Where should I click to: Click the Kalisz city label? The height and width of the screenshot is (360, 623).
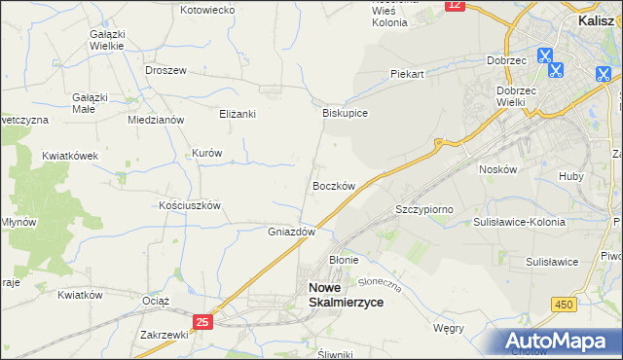click(x=595, y=18)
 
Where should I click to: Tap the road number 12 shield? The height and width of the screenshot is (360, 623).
click(x=455, y=5)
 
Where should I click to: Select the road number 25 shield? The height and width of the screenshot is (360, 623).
click(x=202, y=321)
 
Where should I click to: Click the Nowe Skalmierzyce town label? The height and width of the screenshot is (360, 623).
click(x=346, y=295)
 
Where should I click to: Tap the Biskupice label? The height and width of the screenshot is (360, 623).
click(x=345, y=113)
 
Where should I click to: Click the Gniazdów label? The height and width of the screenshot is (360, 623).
click(x=292, y=233)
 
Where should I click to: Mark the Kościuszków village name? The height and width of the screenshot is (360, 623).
click(x=191, y=206)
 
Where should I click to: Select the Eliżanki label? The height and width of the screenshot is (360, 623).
click(x=237, y=114)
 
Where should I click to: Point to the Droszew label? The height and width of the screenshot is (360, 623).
click(x=165, y=70)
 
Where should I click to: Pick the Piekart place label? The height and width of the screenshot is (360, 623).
click(x=408, y=74)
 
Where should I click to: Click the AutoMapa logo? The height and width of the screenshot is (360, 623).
click(x=560, y=341)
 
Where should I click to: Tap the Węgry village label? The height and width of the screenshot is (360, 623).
click(x=448, y=328)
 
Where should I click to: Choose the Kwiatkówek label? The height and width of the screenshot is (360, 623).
click(x=71, y=156)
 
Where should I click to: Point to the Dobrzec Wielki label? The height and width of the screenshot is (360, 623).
click(x=524, y=95)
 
